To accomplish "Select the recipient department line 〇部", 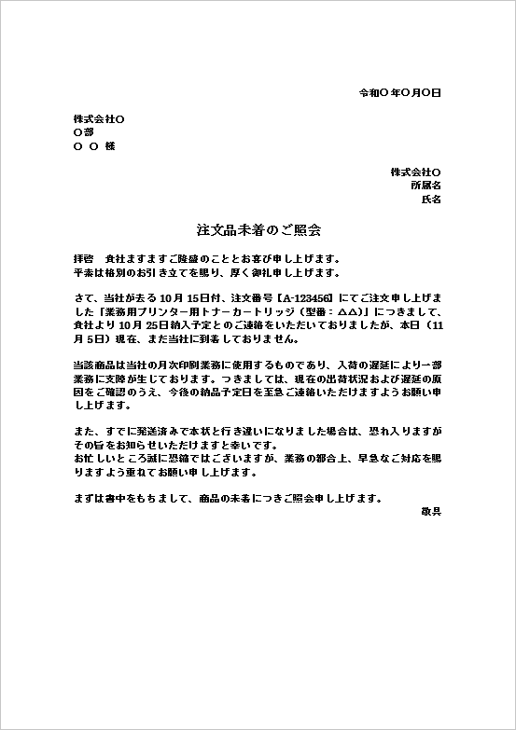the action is [83, 133].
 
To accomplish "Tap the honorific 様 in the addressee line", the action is [110, 146].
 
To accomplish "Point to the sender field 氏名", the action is [431, 199].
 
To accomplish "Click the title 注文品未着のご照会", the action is [258, 228].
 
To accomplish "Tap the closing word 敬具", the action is [431, 511].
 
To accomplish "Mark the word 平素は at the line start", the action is [89, 271].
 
